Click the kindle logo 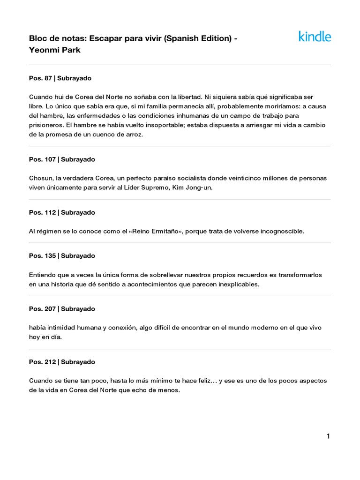point(315,37)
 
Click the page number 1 point(328,436)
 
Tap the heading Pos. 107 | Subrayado point(62,159)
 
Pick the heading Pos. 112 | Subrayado point(62,212)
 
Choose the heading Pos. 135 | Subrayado point(62,256)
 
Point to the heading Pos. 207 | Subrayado point(62,309)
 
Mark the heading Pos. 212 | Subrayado point(62,362)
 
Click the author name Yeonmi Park point(55,50)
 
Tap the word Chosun point(39,178)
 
